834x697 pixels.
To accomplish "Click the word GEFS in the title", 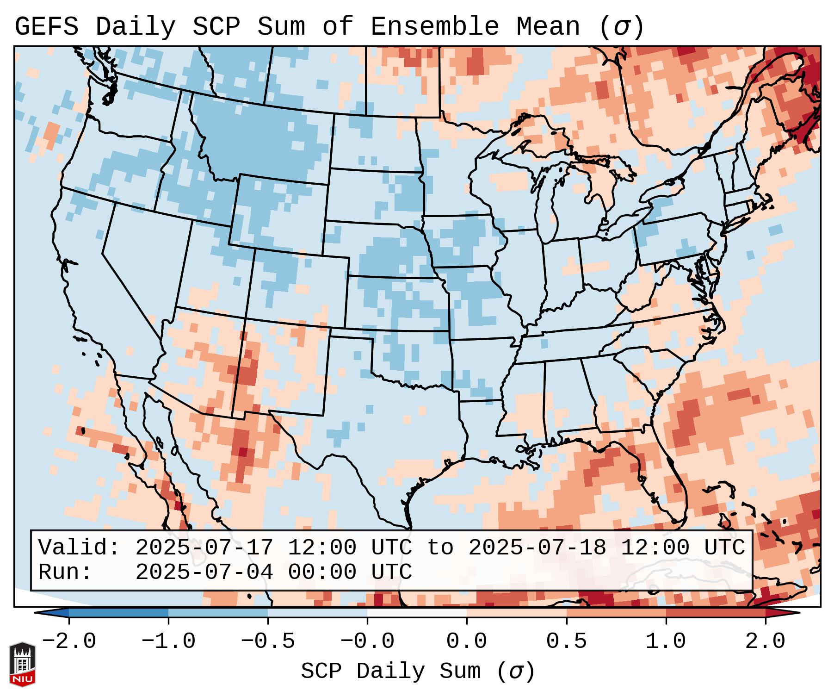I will tap(46, 27).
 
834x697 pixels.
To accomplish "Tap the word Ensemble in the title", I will tap(435, 27).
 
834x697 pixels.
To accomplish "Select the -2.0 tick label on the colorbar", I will tap(69, 641).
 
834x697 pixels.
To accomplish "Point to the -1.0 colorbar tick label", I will tap(168, 641).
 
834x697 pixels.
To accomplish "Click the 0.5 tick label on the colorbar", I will tap(566, 641).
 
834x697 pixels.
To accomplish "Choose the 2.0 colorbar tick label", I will tap(765, 641).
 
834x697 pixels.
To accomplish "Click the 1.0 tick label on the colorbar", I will tap(666, 641).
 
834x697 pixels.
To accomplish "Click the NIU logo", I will tap(22, 664).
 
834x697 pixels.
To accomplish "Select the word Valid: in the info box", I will tap(79, 548).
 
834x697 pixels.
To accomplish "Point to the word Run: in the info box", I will tap(65, 572).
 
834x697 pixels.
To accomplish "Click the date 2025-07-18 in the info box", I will tap(537, 548).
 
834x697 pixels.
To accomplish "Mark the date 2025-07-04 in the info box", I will tap(204, 572).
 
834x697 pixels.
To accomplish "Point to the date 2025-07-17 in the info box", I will tap(204, 548).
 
